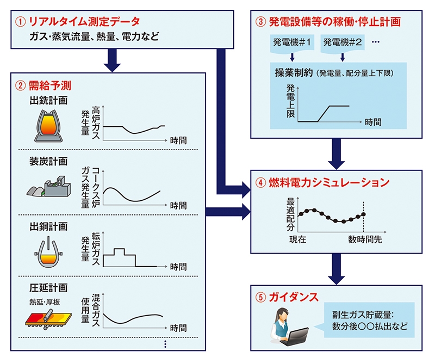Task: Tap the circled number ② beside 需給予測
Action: (20, 85)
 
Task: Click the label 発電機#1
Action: (293, 42)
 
